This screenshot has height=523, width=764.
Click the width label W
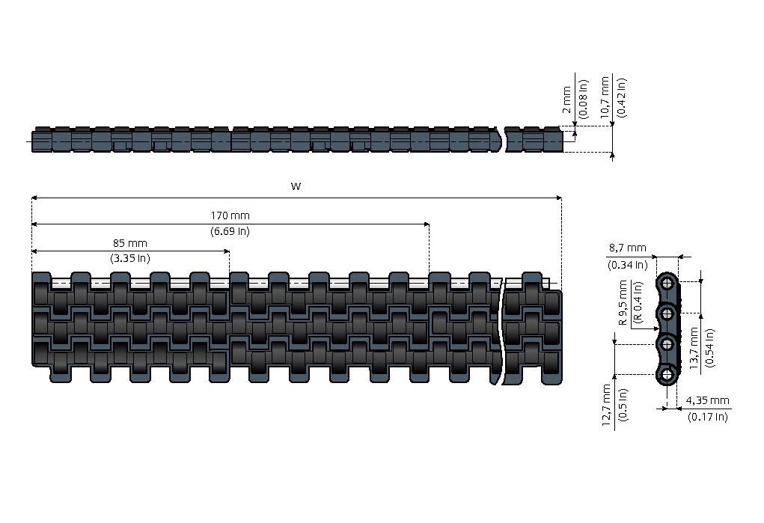296,186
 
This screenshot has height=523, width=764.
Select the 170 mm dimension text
230,216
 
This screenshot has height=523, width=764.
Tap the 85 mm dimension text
129,243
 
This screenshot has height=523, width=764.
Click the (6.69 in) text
230,232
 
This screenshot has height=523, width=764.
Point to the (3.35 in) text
129,259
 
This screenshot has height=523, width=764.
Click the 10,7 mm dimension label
605,97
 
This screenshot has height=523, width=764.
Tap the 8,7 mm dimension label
627,248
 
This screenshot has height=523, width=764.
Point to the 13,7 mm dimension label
694,349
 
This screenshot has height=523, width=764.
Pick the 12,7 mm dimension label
606,404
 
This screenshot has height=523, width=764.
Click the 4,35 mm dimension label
707,402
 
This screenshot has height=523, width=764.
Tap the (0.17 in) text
707,417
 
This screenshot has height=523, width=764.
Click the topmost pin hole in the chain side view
665,282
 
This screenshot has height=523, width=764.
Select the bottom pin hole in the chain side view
665,375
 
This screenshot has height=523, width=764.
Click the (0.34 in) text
627,263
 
